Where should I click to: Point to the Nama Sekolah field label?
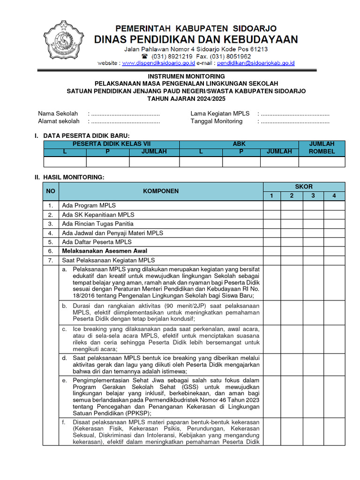(x=58, y=114)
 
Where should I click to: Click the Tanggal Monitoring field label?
(x=217, y=121)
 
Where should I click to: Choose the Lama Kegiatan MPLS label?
(x=219, y=114)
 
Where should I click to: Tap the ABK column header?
(x=239, y=144)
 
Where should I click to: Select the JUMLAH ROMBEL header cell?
(x=322, y=148)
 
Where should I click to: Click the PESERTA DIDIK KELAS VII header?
(x=112, y=144)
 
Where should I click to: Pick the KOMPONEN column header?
(x=161, y=191)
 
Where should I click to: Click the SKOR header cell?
(x=304, y=187)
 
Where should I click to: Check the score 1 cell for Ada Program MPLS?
(x=272, y=205)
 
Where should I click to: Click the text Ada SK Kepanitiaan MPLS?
(x=98, y=215)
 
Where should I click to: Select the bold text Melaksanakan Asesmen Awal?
(x=105, y=251)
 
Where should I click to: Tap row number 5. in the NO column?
(x=50, y=242)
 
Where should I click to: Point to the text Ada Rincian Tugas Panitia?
(x=97, y=224)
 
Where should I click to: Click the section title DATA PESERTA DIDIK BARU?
(x=86, y=136)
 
